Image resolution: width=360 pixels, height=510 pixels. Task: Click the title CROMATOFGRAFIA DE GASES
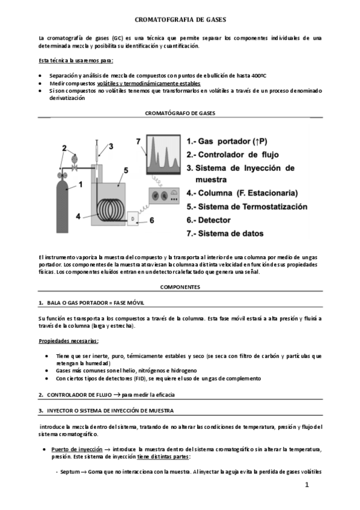click(180, 19)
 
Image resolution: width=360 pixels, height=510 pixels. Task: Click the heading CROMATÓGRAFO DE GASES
click(180, 112)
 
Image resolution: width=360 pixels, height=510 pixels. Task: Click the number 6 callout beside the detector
click(151, 221)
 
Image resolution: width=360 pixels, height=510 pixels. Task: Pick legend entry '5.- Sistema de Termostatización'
click(246, 206)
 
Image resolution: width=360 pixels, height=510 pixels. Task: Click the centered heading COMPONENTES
click(180, 287)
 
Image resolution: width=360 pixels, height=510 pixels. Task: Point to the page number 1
click(306, 485)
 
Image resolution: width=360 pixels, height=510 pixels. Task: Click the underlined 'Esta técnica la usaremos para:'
click(75, 61)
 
